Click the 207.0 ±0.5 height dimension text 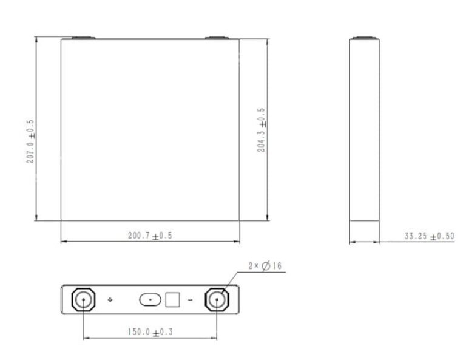[31, 141]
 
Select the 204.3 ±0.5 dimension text [262, 130]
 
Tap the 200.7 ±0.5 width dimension [150, 236]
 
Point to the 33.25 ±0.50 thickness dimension [429, 236]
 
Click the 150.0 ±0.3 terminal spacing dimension [150, 332]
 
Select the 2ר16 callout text [265, 266]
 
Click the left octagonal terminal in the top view [83, 300]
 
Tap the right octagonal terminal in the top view [217, 300]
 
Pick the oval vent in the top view [150, 300]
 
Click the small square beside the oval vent [173, 300]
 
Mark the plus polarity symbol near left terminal [110, 300]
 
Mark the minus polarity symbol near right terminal [190, 300]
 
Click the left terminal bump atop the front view [83, 38]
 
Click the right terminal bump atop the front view [217, 38]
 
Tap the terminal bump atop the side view [364, 38]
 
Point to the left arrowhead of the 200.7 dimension [63, 242]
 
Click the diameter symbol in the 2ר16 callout [266, 266]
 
